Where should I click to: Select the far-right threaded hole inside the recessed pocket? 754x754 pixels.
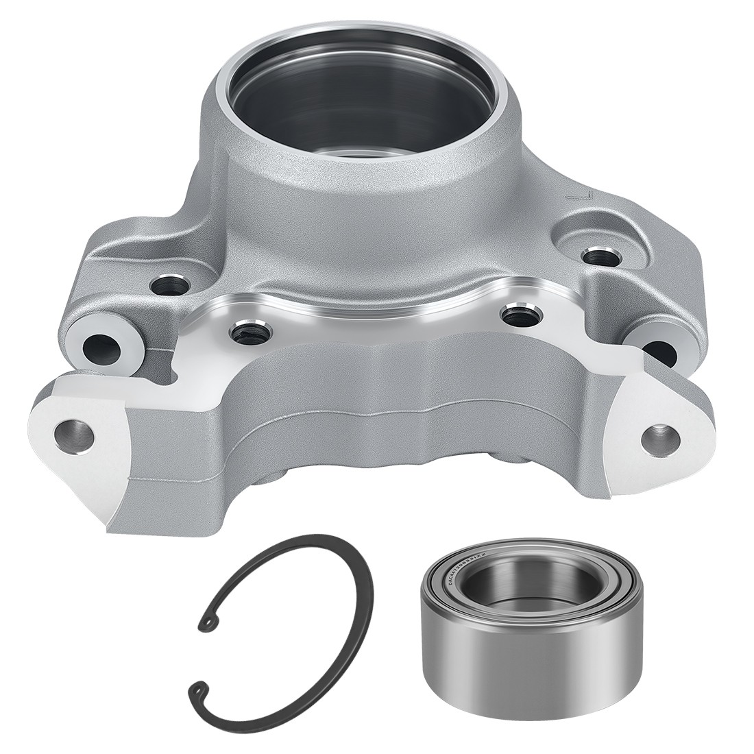[x=594, y=258]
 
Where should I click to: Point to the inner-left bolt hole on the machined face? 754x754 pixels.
[x=244, y=333]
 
